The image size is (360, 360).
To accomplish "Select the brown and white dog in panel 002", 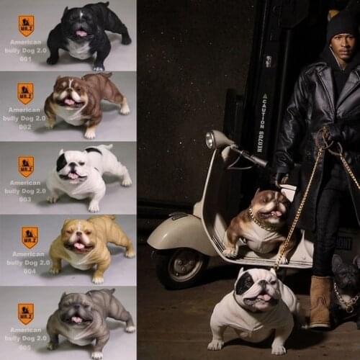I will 86,104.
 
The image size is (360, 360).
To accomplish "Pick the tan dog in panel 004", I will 90,248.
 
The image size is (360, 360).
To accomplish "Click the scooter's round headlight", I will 212,140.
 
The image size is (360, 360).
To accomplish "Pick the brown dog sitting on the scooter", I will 256,223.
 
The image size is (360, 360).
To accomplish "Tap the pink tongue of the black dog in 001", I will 81,33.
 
